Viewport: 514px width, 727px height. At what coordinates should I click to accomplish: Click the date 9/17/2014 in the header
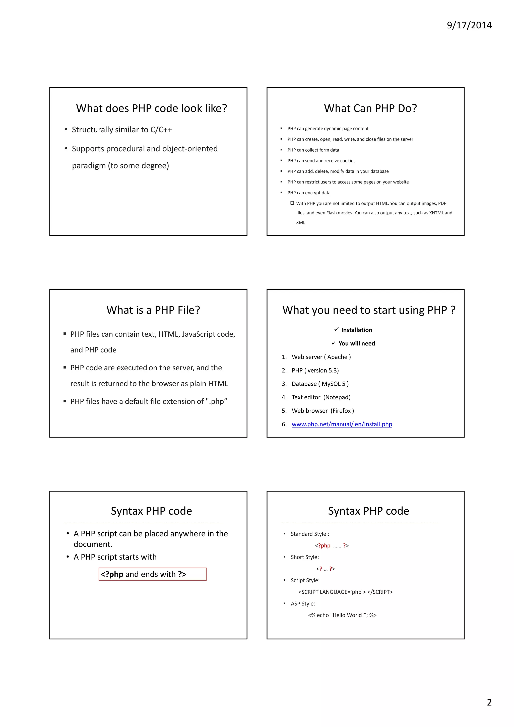(x=469, y=25)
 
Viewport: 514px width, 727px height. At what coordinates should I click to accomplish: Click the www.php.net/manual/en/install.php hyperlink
(x=342, y=424)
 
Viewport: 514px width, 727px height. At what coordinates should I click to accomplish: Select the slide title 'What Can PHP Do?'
(x=370, y=108)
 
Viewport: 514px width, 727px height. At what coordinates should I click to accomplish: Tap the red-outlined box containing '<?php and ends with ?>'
(x=153, y=574)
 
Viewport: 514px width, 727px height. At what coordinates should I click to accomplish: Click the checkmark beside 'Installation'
(x=337, y=330)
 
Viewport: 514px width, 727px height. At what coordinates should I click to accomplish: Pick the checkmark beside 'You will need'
(x=334, y=343)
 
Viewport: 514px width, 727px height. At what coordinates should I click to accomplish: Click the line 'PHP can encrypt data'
(x=309, y=193)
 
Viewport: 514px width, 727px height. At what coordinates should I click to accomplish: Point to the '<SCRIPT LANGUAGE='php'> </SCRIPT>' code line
(x=345, y=592)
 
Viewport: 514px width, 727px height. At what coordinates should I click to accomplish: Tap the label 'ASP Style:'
(x=303, y=603)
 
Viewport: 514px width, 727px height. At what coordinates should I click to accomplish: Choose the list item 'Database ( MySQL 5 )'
(x=320, y=384)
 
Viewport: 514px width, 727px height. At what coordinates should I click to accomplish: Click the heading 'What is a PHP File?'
(x=153, y=310)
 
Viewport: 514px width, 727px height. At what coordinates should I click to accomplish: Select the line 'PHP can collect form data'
(x=313, y=150)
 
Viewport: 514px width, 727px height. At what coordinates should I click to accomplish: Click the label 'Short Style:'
(x=305, y=557)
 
